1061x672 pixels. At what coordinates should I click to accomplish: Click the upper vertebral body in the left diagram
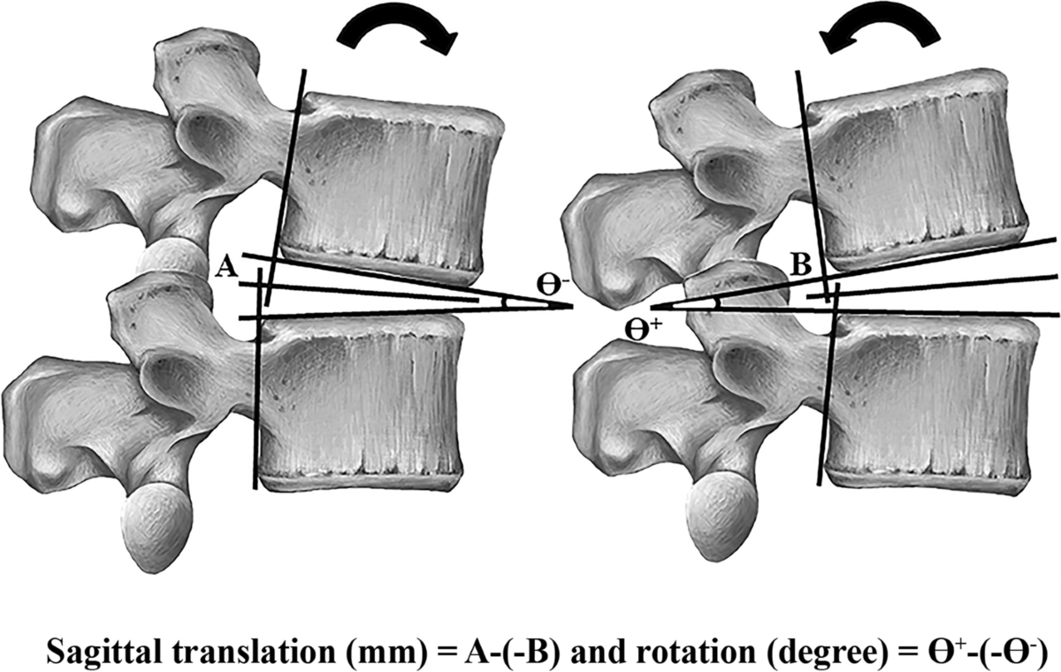[x=393, y=181]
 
